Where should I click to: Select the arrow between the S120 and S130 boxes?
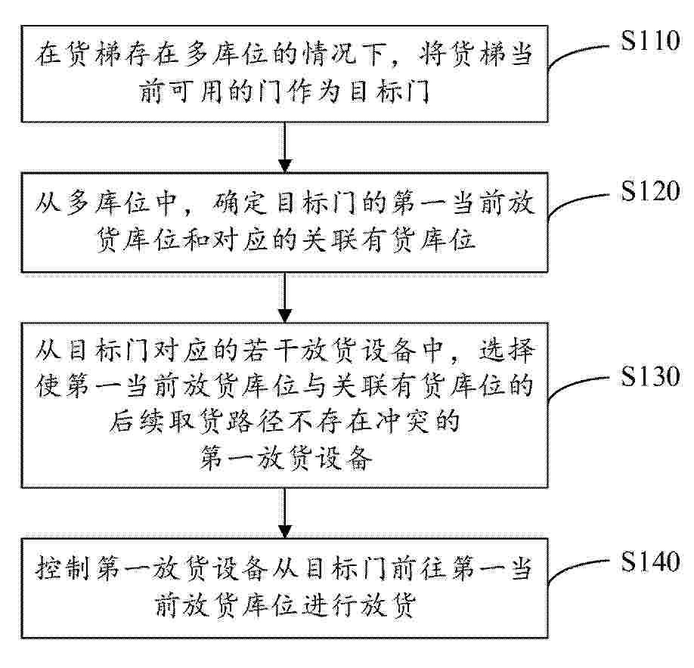pyautogui.click(x=285, y=298)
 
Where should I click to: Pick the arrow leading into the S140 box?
pyautogui.click(x=285, y=512)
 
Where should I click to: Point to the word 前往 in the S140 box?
pyautogui.click(x=423, y=570)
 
